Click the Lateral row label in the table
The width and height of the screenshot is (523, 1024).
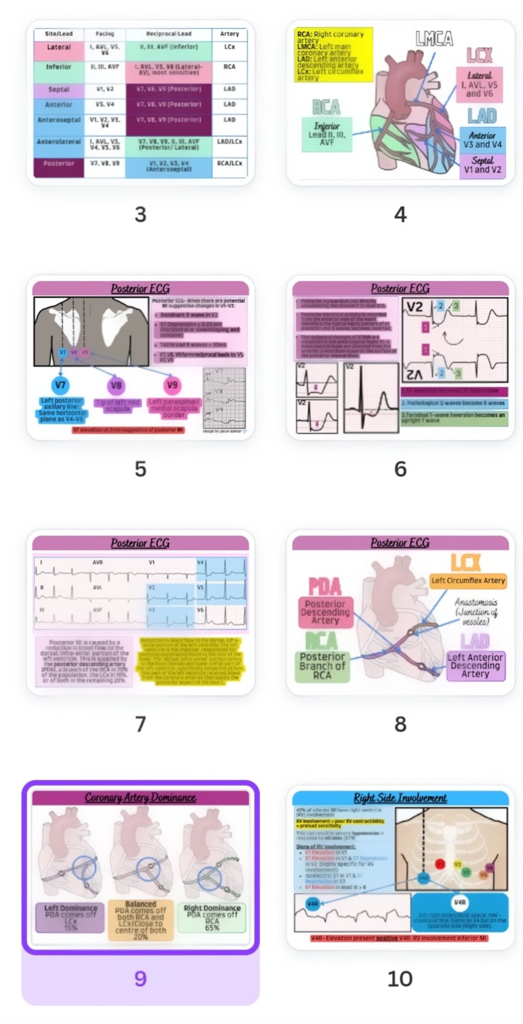coord(59,47)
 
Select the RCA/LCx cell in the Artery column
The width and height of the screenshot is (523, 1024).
coord(229,163)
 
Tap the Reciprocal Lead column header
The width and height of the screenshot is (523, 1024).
coord(169,34)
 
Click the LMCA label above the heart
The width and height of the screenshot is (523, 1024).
coord(434,39)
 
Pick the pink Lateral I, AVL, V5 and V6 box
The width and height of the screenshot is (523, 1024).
coord(479,85)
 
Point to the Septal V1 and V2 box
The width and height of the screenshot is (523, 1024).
coord(482,165)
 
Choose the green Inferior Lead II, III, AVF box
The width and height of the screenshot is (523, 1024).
coord(327,134)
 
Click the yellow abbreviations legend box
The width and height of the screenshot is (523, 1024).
coord(333,55)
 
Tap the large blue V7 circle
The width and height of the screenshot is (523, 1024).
coord(61,385)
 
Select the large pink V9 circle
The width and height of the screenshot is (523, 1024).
coord(172,385)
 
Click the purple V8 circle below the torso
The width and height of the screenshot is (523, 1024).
coord(116,386)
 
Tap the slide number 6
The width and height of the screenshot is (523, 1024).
coord(400,469)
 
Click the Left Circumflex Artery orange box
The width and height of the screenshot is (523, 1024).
coord(467,581)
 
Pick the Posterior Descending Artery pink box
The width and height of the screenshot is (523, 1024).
coord(325,612)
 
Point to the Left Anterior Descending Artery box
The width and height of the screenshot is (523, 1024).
coord(475,666)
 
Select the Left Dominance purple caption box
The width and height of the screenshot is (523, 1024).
coord(70,918)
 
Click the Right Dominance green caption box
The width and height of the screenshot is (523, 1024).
coord(212,918)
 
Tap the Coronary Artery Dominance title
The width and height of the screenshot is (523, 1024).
coord(140,798)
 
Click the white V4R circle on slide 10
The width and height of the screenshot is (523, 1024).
coord(460,902)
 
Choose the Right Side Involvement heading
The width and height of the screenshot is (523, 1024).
coord(400,798)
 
